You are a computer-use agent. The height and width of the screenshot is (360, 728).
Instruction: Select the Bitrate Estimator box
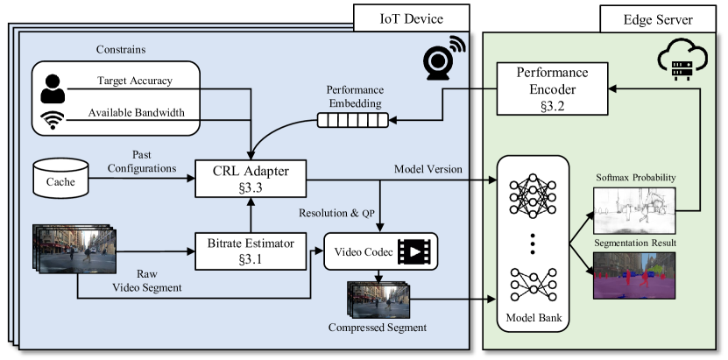[x=252, y=250]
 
